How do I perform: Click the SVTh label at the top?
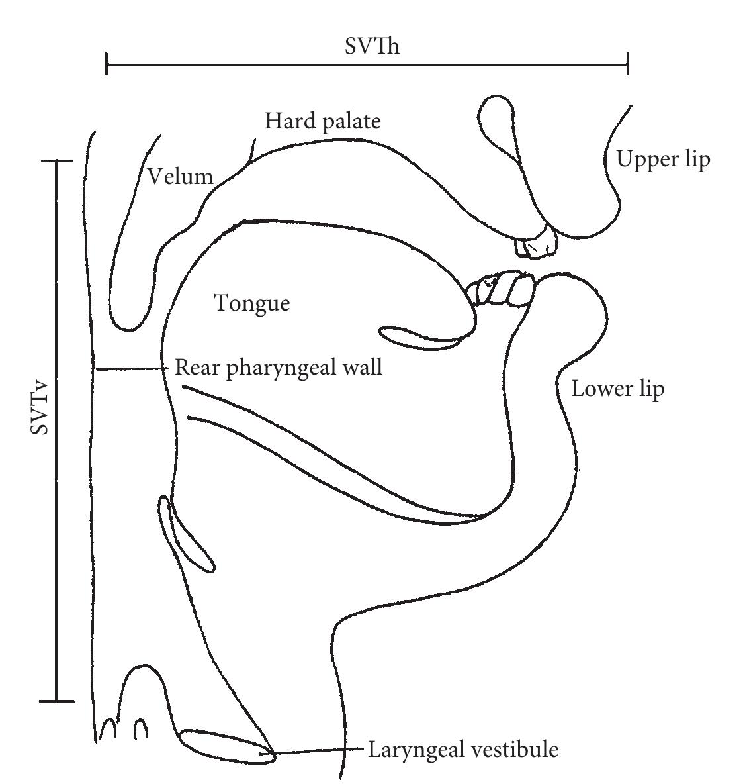(x=372, y=46)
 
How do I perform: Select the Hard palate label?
(x=323, y=121)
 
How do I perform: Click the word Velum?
(x=180, y=176)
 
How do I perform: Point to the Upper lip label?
(x=663, y=160)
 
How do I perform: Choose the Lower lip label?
(x=617, y=389)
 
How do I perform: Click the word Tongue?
(x=252, y=304)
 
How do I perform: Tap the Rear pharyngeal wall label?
(x=279, y=367)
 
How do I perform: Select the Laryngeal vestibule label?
(x=463, y=750)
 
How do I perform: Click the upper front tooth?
(x=537, y=241)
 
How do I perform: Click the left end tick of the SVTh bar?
(x=107, y=65)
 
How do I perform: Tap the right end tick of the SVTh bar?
(x=627, y=65)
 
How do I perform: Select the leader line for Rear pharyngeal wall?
(x=132, y=369)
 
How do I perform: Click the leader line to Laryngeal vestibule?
(x=318, y=751)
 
